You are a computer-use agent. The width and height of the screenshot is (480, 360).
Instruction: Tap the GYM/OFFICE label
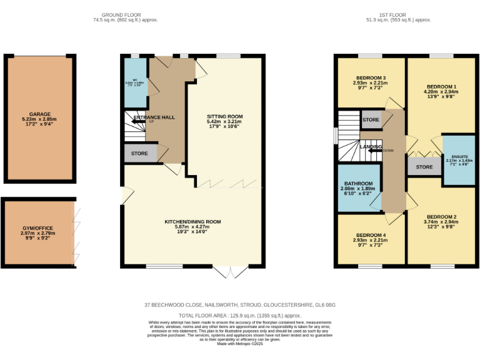[38, 233]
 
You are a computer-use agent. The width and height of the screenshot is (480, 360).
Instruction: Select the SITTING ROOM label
[225, 116]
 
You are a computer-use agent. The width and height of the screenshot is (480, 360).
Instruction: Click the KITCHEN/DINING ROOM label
[192, 221]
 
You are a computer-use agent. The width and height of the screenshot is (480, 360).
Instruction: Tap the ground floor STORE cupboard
[140, 153]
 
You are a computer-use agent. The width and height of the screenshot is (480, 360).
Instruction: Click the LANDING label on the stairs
[371, 146]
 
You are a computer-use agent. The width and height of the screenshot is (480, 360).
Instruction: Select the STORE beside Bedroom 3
[371, 119]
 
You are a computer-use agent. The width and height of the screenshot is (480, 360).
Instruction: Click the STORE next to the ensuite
[424, 167]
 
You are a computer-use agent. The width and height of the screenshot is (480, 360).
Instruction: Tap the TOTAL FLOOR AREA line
[240, 316]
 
